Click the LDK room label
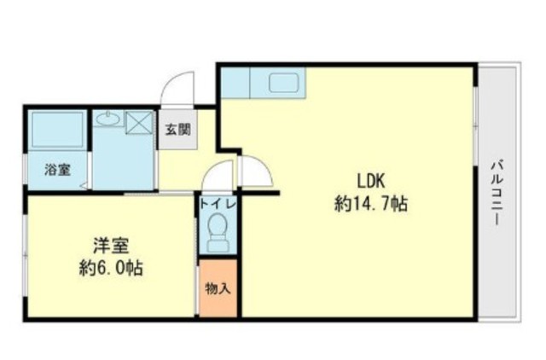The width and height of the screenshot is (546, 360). (x=370, y=181)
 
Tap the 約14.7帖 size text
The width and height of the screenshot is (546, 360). (x=371, y=204)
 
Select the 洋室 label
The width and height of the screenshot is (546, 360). (x=111, y=246)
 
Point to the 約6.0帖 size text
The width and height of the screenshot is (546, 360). (x=111, y=268)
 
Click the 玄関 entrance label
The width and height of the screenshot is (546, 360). (x=178, y=130)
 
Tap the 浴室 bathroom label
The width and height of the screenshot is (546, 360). (x=58, y=170)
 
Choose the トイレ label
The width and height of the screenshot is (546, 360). (x=218, y=204)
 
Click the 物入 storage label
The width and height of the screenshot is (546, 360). (x=218, y=288)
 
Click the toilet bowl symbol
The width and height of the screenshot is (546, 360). (x=218, y=232)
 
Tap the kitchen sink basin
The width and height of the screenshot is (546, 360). (x=284, y=83)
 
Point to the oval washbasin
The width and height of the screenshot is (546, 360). (x=108, y=119)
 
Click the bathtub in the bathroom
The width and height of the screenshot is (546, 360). (x=58, y=130)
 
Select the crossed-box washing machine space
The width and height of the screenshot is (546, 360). (x=139, y=123)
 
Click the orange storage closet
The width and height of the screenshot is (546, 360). (x=218, y=288)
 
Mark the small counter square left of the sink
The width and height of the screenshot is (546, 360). (x=235, y=83)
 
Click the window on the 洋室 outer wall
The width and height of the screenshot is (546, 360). (x=25, y=255)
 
